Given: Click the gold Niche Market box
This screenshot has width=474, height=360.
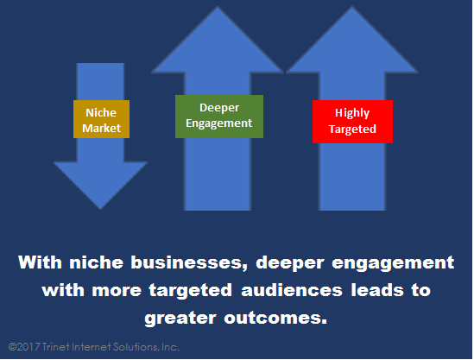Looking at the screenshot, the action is tap(101, 119).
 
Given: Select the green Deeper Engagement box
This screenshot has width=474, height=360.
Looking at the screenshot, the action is tap(219, 117).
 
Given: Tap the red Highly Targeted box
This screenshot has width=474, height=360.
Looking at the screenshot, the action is tap(352, 122).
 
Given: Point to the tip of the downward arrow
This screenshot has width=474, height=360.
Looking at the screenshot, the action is tap(100, 209).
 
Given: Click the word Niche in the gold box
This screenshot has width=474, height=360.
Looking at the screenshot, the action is tap(101, 112).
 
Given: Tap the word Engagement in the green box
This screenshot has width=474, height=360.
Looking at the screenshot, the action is tap(218, 123).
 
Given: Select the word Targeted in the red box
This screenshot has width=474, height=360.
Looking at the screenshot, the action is tap(352, 129).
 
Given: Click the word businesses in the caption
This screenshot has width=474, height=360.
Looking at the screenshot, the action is tap(189, 262).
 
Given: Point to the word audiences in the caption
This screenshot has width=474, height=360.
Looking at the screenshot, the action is tap(292, 290).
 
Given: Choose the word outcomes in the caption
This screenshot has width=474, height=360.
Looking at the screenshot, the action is tap(275, 319).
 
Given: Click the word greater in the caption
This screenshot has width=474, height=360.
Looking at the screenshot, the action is tap(180, 319).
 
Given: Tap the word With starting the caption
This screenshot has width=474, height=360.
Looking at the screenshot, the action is tap(41, 262).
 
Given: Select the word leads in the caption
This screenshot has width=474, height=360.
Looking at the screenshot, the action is tap(377, 290).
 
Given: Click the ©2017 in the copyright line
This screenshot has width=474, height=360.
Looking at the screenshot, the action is tap(24, 347).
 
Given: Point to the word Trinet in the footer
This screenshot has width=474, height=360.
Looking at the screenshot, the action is tap(55, 347).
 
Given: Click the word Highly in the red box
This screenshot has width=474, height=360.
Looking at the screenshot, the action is tap(352, 113).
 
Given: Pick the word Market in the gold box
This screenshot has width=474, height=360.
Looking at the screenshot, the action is tap(101, 128).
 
